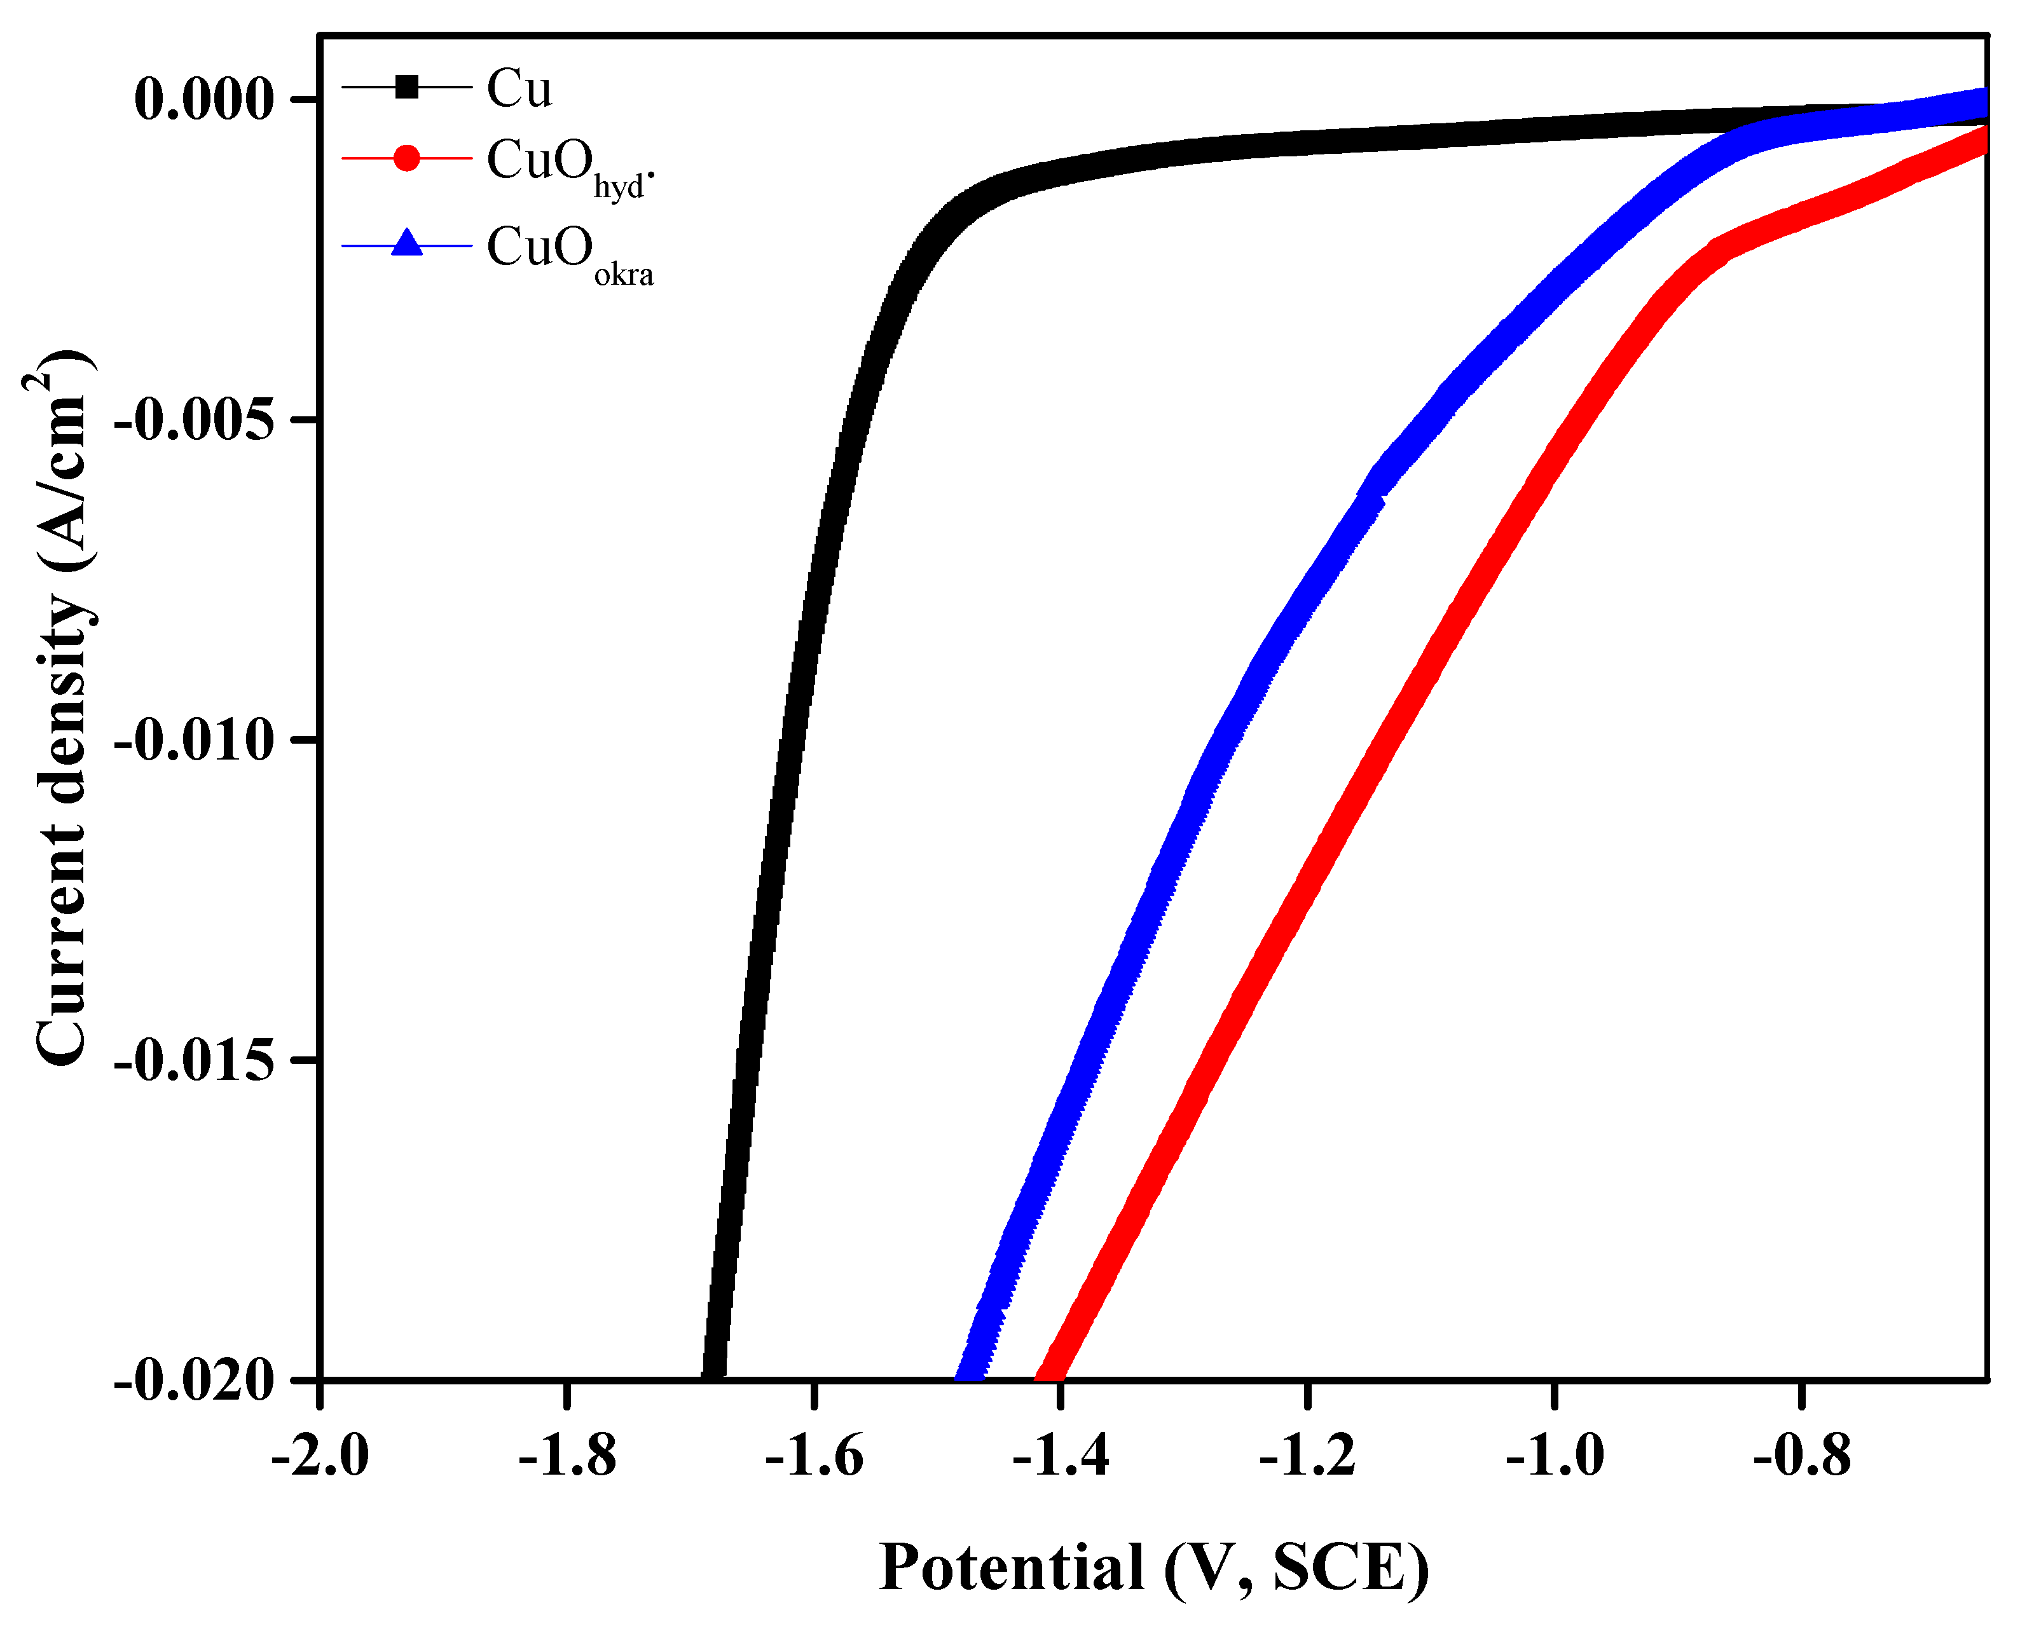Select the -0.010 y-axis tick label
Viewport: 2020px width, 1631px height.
click(x=195, y=740)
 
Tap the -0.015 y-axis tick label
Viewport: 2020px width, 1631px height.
click(x=195, y=1061)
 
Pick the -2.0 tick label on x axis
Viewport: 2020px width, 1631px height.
click(x=320, y=1456)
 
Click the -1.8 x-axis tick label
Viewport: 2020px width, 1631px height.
click(x=567, y=1456)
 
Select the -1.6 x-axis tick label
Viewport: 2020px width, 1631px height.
click(x=814, y=1456)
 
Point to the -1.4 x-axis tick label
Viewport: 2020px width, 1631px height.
click(x=1061, y=1456)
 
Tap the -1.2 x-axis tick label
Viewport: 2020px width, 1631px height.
click(x=1307, y=1456)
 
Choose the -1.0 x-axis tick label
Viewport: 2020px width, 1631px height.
click(x=1555, y=1456)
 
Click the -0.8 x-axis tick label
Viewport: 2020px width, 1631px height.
click(x=1802, y=1456)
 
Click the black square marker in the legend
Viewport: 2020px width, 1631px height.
click(x=406, y=87)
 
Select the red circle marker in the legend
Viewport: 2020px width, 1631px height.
click(x=406, y=158)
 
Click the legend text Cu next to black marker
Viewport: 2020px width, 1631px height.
click(x=519, y=89)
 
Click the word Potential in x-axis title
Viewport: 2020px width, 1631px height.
click(x=1012, y=1567)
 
